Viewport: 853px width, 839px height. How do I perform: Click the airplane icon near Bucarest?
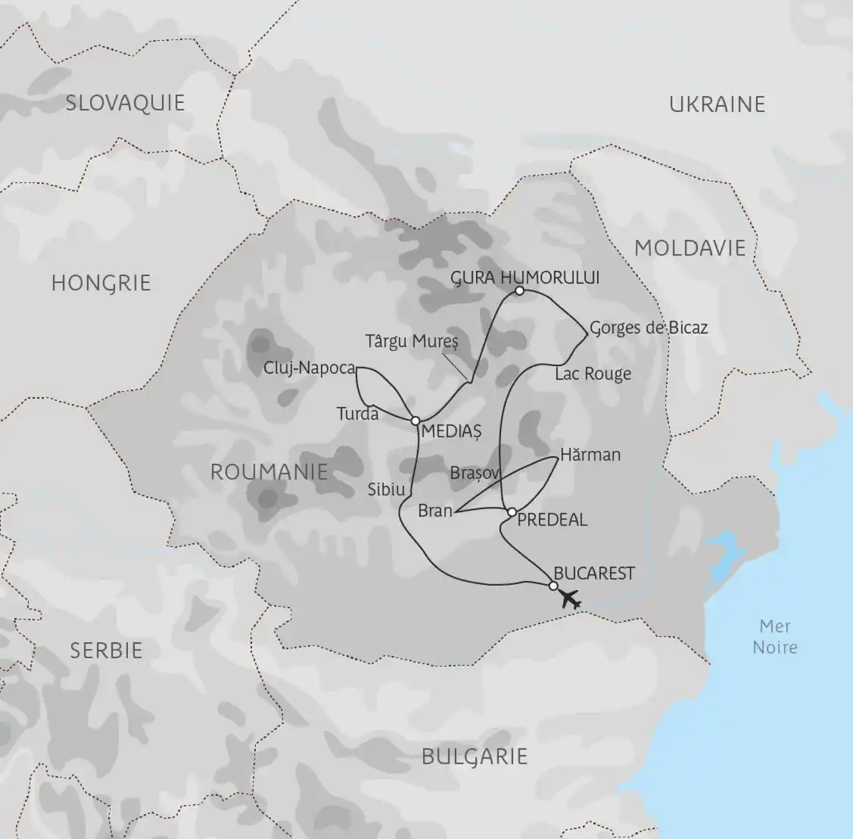click(x=571, y=599)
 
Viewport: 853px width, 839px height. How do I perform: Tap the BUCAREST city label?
click(x=594, y=573)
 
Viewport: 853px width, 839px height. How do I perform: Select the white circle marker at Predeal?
click(x=512, y=512)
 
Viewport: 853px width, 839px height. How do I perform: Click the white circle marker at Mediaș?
click(x=416, y=421)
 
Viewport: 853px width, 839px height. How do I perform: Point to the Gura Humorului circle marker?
click(x=519, y=291)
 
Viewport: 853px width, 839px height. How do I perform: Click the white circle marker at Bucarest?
click(x=553, y=586)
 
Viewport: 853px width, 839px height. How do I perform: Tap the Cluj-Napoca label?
click(x=310, y=368)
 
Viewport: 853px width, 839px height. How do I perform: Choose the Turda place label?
click(x=358, y=414)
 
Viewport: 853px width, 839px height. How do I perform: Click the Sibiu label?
click(x=387, y=489)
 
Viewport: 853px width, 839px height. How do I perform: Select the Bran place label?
click(x=435, y=511)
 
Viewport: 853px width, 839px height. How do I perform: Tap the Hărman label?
click(x=590, y=455)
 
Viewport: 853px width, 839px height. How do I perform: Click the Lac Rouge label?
click(x=593, y=374)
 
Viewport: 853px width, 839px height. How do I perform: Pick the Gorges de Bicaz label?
click(x=649, y=328)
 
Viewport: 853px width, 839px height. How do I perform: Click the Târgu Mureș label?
click(x=412, y=341)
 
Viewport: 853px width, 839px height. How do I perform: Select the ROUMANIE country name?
click(x=269, y=471)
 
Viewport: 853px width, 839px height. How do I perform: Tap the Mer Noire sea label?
click(x=775, y=636)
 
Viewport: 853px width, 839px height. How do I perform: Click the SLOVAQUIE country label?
click(x=125, y=103)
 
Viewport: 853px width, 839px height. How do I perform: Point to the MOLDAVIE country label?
click(x=690, y=247)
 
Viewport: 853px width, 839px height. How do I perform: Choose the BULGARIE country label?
click(x=474, y=756)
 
